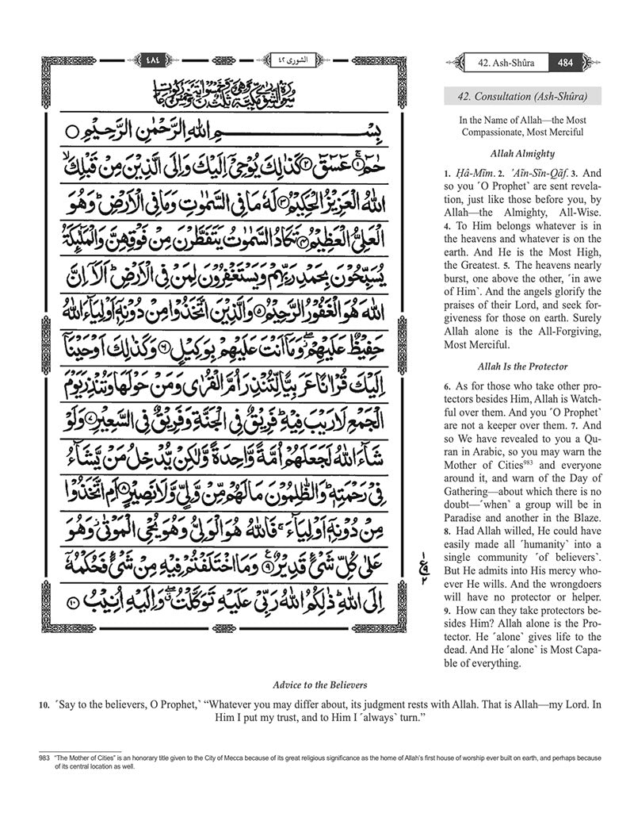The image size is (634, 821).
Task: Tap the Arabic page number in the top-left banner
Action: click(152, 59)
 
